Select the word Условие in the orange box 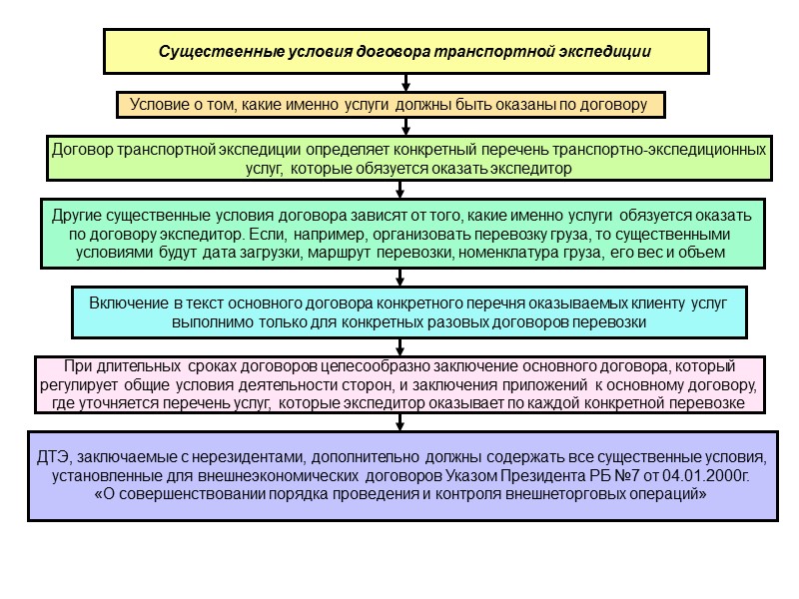[x=157, y=104]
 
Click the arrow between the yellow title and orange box [x=404, y=82]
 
